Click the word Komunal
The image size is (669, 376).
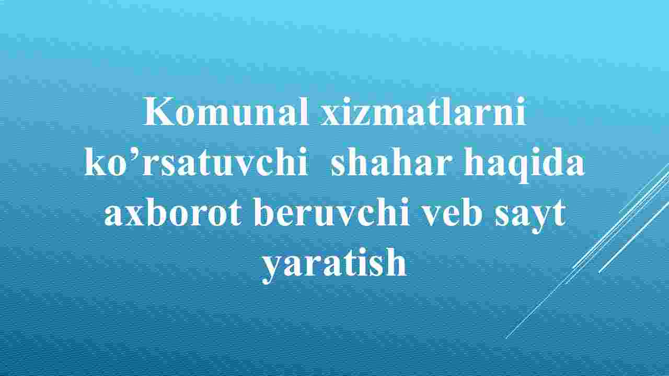click(x=226, y=111)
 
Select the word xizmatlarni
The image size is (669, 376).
click(x=423, y=111)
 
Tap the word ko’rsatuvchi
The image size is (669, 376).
click(x=196, y=162)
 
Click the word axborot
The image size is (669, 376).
click(x=173, y=212)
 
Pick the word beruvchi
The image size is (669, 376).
click(x=332, y=212)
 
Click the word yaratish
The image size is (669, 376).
click(x=334, y=265)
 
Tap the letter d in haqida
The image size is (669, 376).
click(x=550, y=162)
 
